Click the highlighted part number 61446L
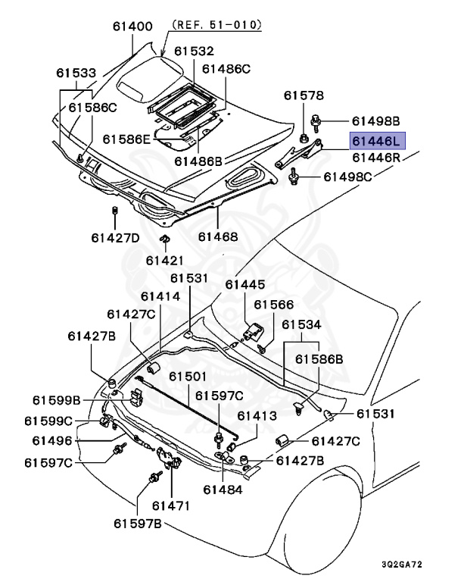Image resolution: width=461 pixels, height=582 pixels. [377, 140]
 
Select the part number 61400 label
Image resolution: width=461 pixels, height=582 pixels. [132, 27]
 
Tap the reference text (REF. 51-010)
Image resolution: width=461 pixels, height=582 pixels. [216, 24]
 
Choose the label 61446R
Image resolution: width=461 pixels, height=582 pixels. [375, 158]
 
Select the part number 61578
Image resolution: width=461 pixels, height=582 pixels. [304, 95]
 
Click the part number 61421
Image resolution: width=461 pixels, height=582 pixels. [164, 260]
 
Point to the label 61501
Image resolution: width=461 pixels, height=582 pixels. [187, 377]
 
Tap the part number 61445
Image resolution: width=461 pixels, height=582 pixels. [245, 284]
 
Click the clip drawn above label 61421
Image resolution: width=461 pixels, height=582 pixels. [164, 242]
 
